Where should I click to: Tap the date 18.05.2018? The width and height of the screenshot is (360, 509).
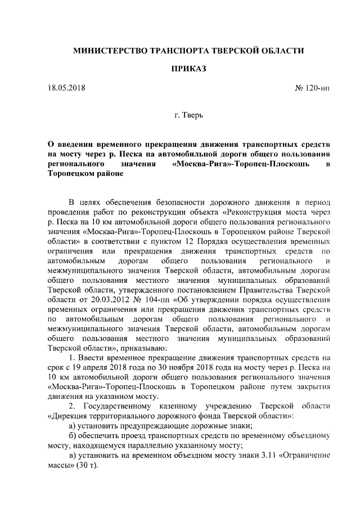(66, 89)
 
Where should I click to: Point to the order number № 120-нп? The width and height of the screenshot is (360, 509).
(312, 89)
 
